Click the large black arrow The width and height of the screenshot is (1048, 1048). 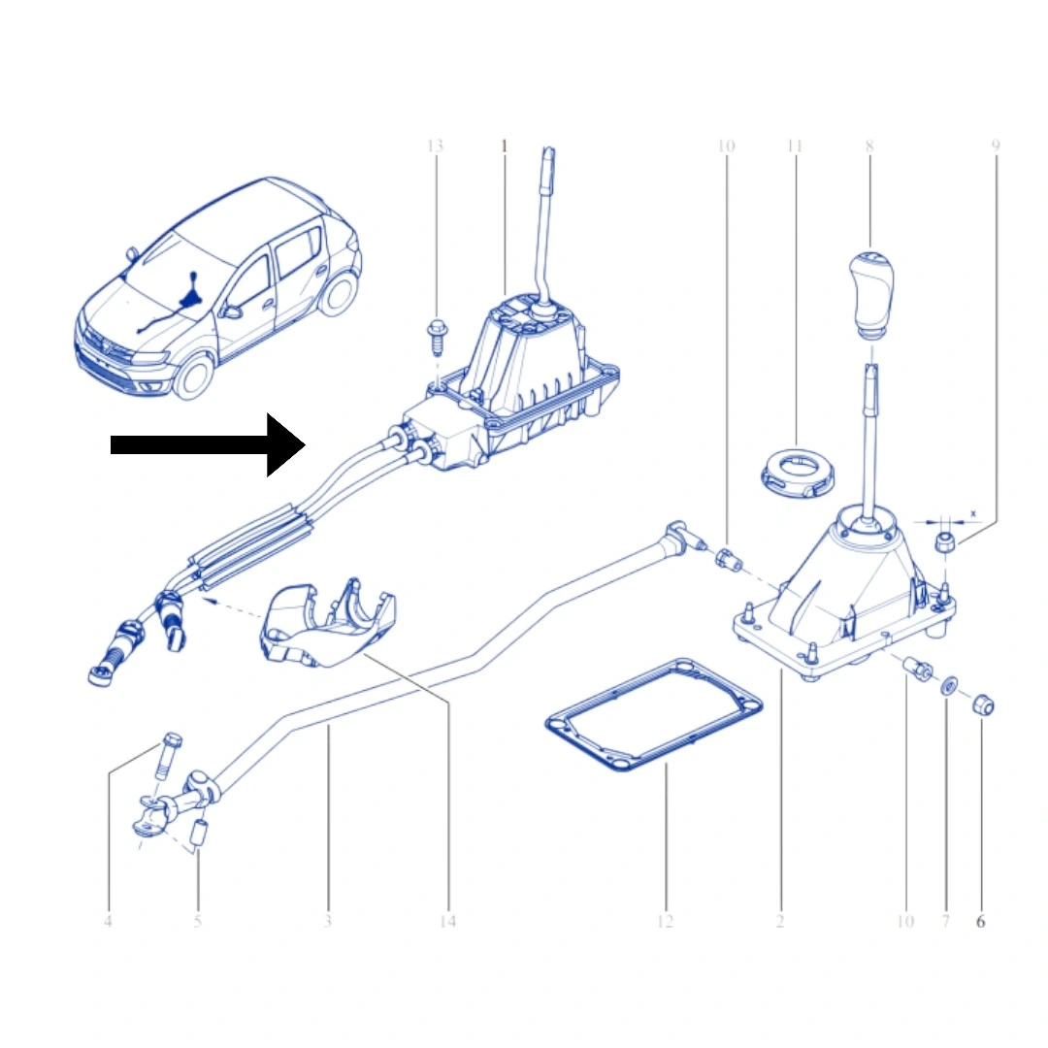pyautogui.click(x=208, y=444)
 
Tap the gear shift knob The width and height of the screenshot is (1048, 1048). pyautogui.click(x=871, y=294)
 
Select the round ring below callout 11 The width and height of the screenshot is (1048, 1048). pyautogui.click(x=798, y=473)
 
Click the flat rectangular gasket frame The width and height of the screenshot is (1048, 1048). pyautogui.click(x=653, y=715)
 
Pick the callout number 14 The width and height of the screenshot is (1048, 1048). pyautogui.click(x=447, y=922)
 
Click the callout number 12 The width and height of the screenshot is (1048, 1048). pyautogui.click(x=665, y=922)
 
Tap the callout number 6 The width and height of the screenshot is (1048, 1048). pyautogui.click(x=980, y=922)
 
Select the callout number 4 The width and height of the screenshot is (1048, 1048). pyautogui.click(x=109, y=922)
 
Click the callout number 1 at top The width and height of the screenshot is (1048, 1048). pyautogui.click(x=505, y=146)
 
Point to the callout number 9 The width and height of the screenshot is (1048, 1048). pyautogui.click(x=996, y=146)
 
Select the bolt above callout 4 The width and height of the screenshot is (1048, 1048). pyautogui.click(x=171, y=756)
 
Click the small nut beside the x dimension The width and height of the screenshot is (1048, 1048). pyautogui.click(x=944, y=542)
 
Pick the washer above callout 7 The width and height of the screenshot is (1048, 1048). pyautogui.click(x=948, y=686)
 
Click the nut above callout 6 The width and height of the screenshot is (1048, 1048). pyautogui.click(x=983, y=704)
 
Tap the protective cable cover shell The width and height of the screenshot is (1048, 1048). pyautogui.click(x=328, y=625)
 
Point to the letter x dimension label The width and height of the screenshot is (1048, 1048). pyautogui.click(x=973, y=514)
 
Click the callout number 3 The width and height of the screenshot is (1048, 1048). pyautogui.click(x=328, y=922)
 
